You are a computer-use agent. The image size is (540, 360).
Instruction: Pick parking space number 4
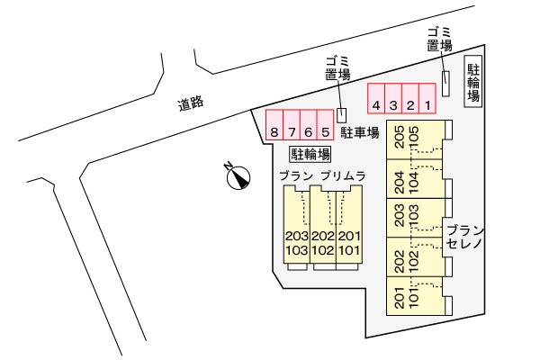coord(376,97)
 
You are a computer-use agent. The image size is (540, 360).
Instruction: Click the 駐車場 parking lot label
coord(359,133)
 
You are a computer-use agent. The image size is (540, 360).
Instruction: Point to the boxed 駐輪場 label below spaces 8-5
coord(310,153)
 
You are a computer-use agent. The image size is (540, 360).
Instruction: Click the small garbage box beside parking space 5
coord(341,114)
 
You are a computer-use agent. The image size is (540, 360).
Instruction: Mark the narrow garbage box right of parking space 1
coord(445,82)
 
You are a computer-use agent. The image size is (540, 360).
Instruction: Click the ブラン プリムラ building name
coord(321,176)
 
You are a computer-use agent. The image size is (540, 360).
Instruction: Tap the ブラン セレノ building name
coord(464,237)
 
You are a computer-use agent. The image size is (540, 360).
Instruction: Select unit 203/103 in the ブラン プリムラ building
coord(296,241)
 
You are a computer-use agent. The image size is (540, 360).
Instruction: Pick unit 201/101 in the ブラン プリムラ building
coord(348,241)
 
